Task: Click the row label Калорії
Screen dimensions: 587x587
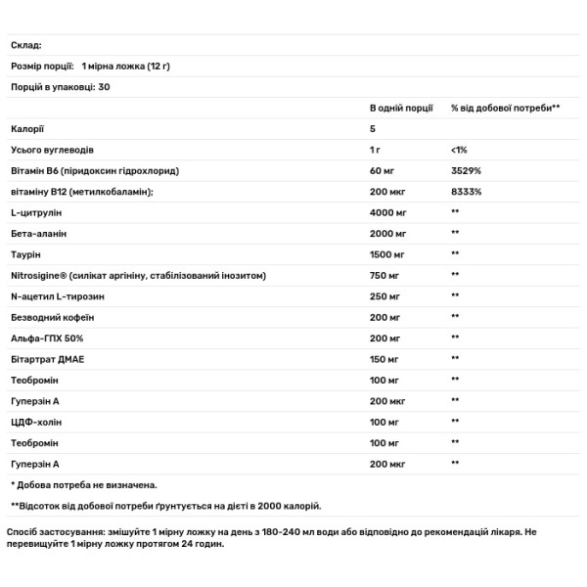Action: coord(27,128)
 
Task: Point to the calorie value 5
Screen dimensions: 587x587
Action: coord(373,128)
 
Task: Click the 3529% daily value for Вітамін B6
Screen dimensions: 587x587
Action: coord(465,170)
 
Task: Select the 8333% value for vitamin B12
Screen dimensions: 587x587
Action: coord(466,192)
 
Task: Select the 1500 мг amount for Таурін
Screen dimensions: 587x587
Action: coord(387,254)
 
